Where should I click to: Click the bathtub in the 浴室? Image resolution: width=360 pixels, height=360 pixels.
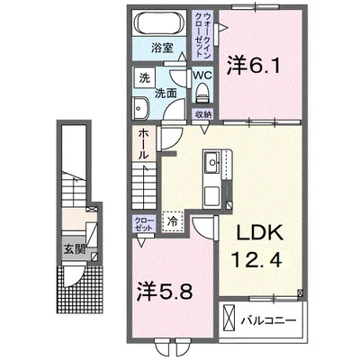point(158,22)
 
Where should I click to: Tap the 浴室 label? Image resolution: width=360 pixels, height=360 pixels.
point(162,48)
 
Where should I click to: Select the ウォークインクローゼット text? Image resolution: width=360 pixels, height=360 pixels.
point(202,35)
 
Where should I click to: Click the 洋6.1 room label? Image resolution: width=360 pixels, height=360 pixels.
point(254,66)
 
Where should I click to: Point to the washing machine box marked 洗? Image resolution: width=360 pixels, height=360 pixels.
point(145,77)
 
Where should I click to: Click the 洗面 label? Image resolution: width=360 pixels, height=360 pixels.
point(166,94)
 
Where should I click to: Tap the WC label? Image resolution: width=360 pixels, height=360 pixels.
point(202,75)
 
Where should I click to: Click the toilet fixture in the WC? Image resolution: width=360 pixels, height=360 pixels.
point(202,93)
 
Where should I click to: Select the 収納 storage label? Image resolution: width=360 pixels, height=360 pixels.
point(202,114)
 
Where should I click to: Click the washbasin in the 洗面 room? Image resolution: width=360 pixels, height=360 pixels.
point(141,107)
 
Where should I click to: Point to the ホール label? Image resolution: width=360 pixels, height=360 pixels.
point(144,144)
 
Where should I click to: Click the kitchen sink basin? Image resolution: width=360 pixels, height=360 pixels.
point(212,162)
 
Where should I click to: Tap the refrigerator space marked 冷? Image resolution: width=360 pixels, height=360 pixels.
point(173,221)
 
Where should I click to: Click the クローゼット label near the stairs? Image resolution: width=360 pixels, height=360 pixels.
point(144,224)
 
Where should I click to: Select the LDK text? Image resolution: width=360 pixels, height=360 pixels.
point(260,232)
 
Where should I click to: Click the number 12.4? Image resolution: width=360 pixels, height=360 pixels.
point(256,260)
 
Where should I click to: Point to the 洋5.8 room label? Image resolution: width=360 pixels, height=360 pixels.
point(165,290)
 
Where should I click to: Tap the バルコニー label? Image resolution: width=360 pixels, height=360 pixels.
point(269,320)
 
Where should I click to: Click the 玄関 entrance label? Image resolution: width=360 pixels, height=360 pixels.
point(75,248)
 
